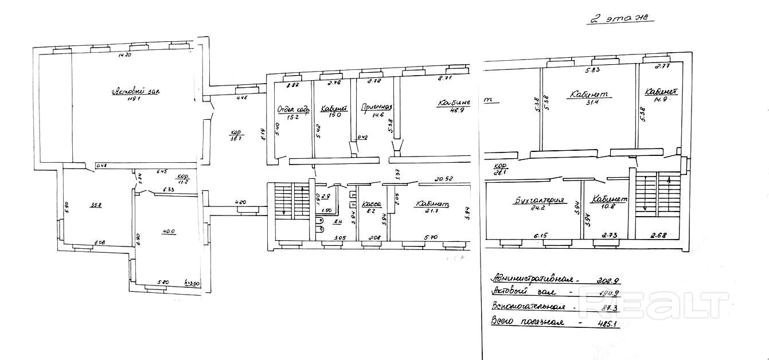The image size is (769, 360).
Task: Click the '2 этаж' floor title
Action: [x=620, y=18]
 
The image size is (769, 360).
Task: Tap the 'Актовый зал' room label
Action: [x=135, y=91]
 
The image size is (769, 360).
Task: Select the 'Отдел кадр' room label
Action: [x=292, y=109]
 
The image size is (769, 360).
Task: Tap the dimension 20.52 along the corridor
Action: [x=444, y=179]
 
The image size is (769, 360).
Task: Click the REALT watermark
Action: [x=654, y=304]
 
